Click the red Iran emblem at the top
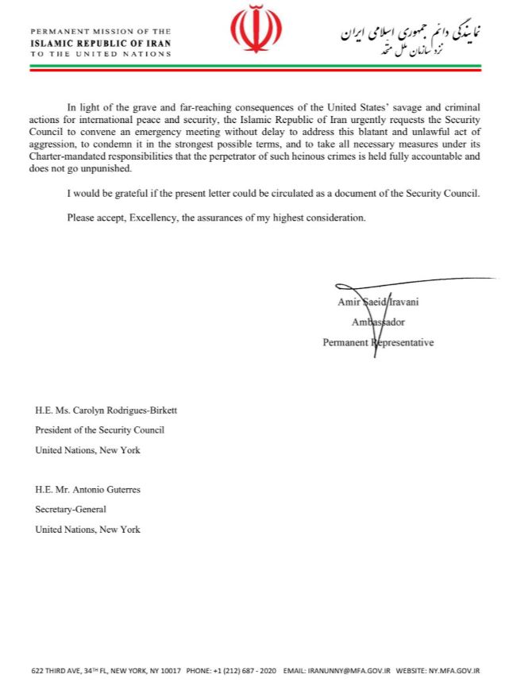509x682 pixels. [256, 30]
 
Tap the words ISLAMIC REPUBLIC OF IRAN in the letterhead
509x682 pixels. [101, 43]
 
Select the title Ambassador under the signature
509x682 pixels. [378, 322]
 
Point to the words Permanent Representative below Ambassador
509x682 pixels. [378, 343]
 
